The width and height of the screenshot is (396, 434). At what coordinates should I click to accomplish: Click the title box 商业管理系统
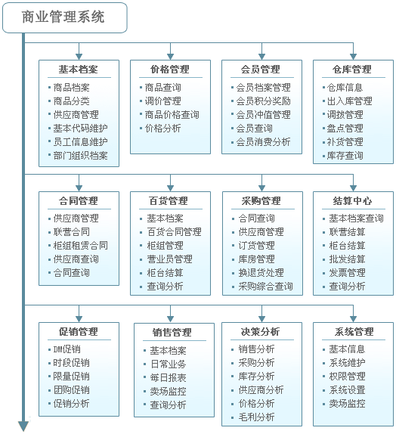coord(65,17)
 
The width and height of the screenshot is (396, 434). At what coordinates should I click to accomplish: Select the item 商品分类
coord(71,101)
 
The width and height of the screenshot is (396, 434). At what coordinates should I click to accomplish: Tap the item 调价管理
coord(163,101)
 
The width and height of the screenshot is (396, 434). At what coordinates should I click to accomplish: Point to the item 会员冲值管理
coord(263,115)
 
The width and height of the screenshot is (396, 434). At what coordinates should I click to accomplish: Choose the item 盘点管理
coord(345,128)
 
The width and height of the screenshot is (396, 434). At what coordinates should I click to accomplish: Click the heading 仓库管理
coord(351,70)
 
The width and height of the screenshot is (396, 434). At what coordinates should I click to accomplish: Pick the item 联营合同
coord(71,232)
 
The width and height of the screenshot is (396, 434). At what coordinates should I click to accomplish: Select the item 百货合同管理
coord(174,232)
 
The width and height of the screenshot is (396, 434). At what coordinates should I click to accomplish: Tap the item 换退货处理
coord(261,273)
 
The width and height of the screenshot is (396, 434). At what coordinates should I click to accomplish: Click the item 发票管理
coord(347,273)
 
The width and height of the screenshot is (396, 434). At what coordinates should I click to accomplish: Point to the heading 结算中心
coord(352,200)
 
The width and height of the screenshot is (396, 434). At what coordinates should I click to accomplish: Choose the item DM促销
coord(67,349)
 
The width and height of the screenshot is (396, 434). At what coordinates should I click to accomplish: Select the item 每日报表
coord(168,378)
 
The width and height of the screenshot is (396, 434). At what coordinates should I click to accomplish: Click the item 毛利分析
coord(256,417)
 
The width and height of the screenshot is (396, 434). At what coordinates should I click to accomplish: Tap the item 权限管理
coord(347,376)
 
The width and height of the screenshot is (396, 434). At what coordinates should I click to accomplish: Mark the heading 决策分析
coord(260,332)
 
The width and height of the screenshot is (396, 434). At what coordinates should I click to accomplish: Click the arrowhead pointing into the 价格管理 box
coord(171,57)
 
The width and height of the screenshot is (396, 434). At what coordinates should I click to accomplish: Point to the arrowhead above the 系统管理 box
coord(353,319)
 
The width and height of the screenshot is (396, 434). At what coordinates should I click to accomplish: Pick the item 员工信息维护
coord(81,141)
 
